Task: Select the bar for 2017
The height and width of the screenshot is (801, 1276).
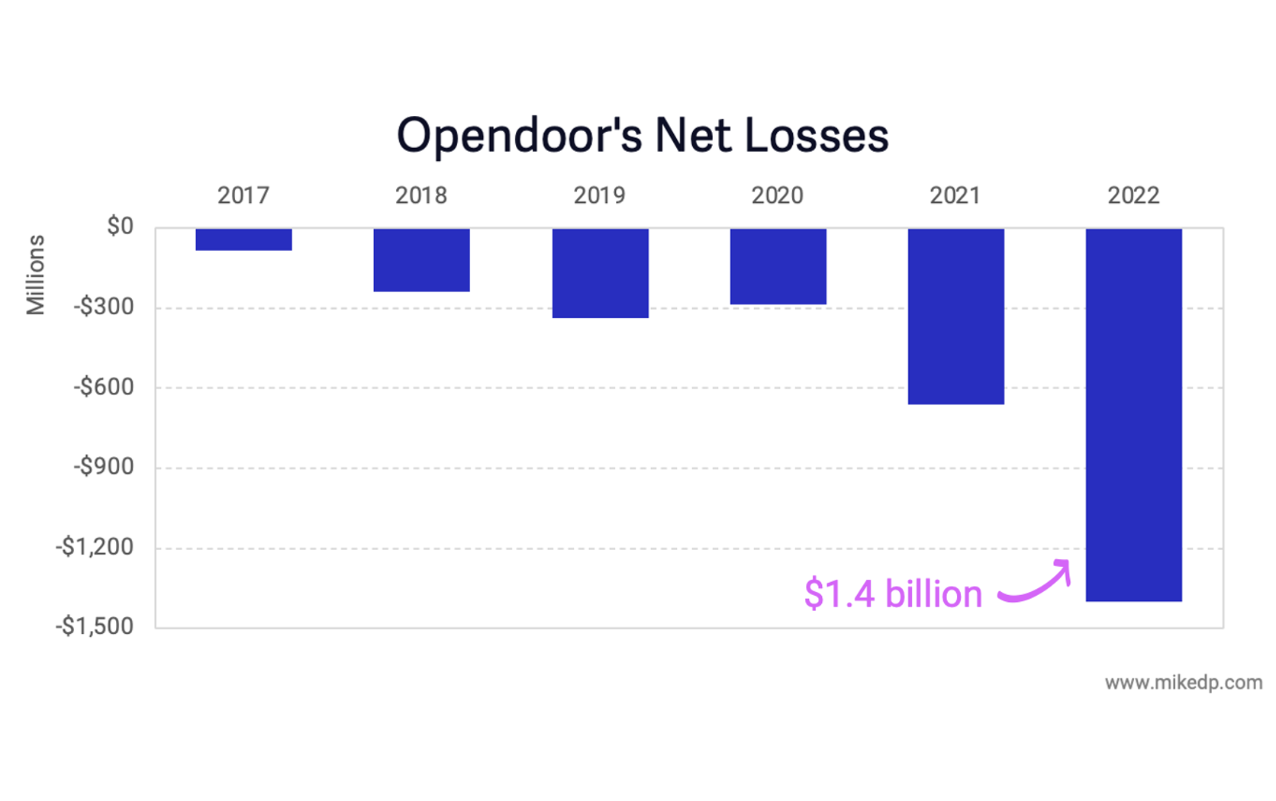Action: click(x=243, y=240)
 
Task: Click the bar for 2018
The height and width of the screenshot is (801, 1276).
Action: click(x=421, y=260)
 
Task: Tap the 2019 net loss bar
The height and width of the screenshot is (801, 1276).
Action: click(x=600, y=273)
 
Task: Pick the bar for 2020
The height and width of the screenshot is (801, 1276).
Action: click(x=778, y=266)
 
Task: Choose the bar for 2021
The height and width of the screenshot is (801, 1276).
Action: click(x=955, y=317)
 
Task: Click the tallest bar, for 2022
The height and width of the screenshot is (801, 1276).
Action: click(x=1133, y=415)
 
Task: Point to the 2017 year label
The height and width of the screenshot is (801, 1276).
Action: click(x=243, y=196)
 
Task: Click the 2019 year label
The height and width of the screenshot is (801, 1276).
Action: click(x=599, y=196)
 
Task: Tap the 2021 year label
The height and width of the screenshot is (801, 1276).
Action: click(x=955, y=196)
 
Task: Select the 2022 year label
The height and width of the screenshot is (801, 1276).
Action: click(x=1133, y=196)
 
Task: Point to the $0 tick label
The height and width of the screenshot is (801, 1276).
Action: click(x=120, y=227)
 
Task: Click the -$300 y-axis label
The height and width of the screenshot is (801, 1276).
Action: click(x=103, y=307)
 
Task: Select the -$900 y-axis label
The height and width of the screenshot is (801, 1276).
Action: click(x=103, y=467)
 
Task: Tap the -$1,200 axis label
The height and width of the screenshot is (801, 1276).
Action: click(x=94, y=547)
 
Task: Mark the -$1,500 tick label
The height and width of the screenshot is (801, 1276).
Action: click(x=94, y=626)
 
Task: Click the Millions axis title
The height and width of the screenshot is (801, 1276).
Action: click(x=35, y=275)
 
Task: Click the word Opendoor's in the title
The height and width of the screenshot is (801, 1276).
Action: click(x=519, y=137)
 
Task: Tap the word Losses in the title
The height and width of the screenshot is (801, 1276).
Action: click(x=816, y=136)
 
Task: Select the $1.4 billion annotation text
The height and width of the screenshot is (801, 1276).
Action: click(x=893, y=594)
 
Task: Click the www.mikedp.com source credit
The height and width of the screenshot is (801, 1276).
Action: click(x=1183, y=683)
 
